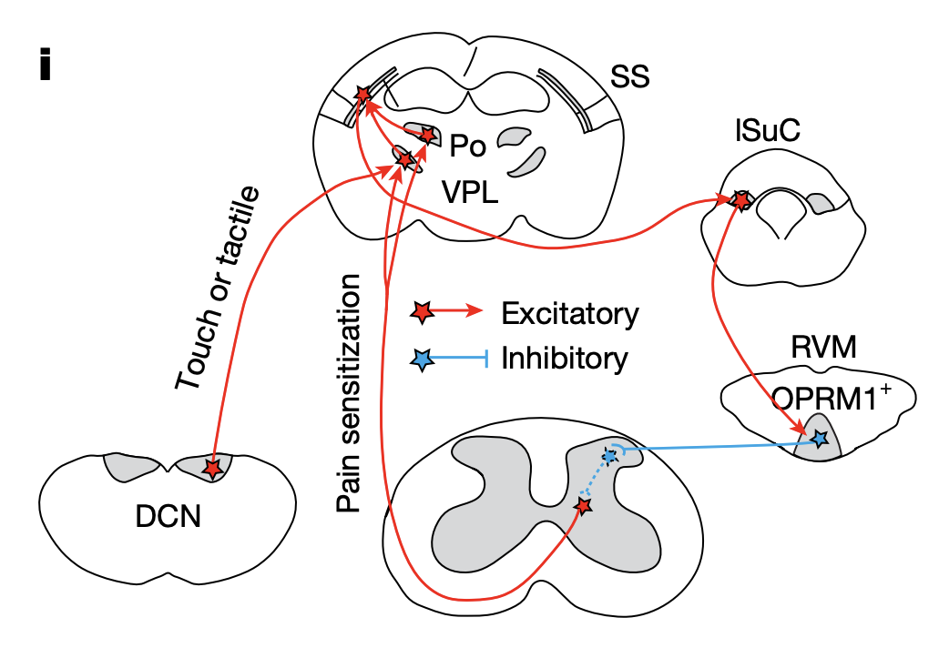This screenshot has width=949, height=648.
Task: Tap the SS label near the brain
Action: point(629,77)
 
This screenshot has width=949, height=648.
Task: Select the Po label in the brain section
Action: point(467,145)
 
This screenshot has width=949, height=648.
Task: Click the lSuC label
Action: point(768,133)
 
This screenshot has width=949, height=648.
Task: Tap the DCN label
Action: point(168,518)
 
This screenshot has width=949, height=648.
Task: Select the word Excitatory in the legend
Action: point(570,314)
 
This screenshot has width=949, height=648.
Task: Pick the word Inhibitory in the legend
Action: point(565,359)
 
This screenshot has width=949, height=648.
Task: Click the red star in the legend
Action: point(421,313)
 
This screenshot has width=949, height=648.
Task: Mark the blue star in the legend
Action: point(421,359)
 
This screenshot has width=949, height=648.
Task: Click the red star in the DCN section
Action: point(212,468)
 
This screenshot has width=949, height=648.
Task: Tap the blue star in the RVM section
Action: point(819,439)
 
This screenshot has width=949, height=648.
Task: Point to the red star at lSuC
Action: point(740,199)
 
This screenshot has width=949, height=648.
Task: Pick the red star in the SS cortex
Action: point(363,94)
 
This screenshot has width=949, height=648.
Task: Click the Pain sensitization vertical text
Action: point(349,391)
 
